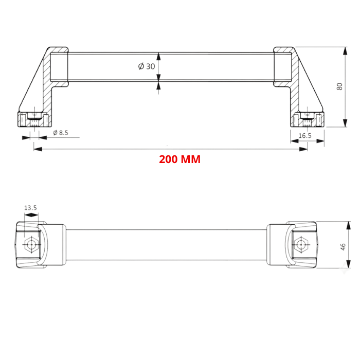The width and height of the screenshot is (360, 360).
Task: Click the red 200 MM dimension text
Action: click(x=179, y=159)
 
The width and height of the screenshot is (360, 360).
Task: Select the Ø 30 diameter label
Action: click(x=146, y=66)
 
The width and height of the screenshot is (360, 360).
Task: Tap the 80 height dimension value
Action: click(x=339, y=86)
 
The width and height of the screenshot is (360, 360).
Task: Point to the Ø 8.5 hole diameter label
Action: click(x=60, y=133)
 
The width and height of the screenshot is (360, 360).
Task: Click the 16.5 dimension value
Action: click(x=304, y=135)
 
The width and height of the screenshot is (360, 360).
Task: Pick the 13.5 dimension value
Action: click(x=30, y=208)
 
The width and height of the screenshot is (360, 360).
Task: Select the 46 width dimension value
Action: click(x=343, y=246)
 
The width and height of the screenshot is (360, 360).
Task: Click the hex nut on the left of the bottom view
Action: click(x=31, y=245)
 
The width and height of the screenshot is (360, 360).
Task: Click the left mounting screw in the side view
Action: click(x=34, y=119)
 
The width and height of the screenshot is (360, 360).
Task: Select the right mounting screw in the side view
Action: click(x=307, y=119)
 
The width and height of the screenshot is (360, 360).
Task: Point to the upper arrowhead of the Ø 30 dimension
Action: click(x=158, y=57)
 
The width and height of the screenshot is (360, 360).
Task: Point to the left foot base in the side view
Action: click(x=34, y=120)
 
